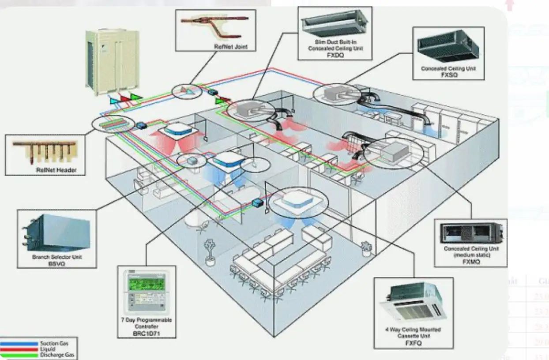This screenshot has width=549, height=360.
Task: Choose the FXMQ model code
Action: click(471, 262)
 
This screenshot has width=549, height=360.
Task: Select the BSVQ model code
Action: click(57, 262)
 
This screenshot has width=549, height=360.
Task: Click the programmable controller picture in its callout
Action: click(146, 291)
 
